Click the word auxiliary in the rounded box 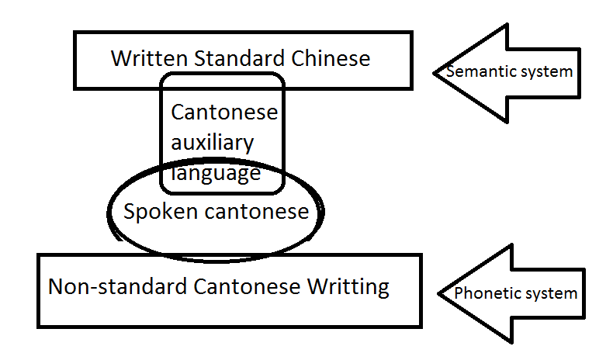click(212, 143)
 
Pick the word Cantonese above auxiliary click(224, 112)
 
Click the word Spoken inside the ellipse click(158, 212)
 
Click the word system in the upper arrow click(548, 72)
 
